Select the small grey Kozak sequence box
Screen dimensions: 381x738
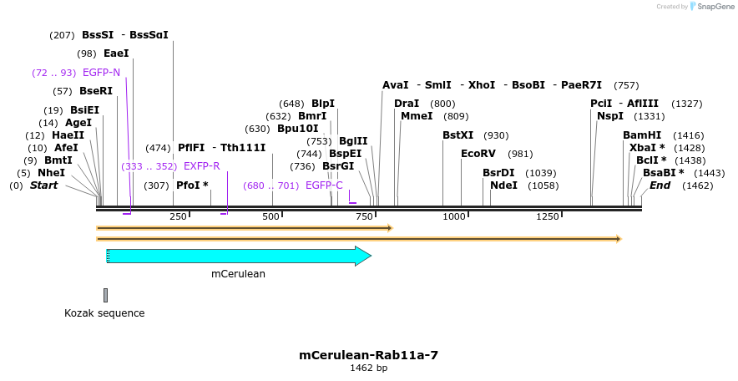(105, 295)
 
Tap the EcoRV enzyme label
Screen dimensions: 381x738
(478, 154)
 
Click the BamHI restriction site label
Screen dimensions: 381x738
(642, 135)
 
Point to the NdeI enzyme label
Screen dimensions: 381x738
(503, 185)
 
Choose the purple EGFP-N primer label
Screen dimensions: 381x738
(101, 73)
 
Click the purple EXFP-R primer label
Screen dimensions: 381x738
(202, 166)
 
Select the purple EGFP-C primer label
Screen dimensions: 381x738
(324, 185)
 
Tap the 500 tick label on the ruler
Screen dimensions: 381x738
(271, 217)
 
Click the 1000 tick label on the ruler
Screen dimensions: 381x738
(453, 217)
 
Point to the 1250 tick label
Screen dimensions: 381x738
(547, 217)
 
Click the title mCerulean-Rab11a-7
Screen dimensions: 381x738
(368, 355)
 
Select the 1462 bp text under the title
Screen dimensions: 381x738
(368, 368)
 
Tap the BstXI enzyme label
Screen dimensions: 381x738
(458, 135)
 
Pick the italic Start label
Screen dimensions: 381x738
(43, 185)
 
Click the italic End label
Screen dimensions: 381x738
(660, 185)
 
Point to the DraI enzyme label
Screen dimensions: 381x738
(407, 104)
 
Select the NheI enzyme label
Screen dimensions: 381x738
(51, 173)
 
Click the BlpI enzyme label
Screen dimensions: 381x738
(323, 104)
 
